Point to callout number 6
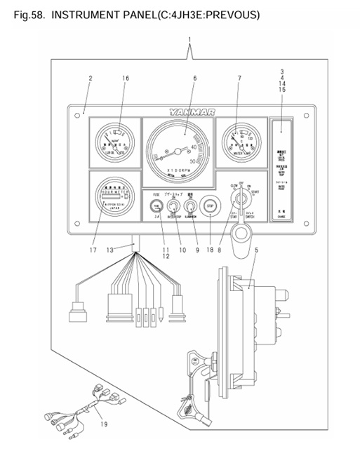click(x=194, y=78)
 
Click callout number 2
click(x=90, y=78)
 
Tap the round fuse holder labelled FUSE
click(x=156, y=206)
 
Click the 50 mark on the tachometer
click(x=194, y=161)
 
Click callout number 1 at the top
click(x=189, y=39)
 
